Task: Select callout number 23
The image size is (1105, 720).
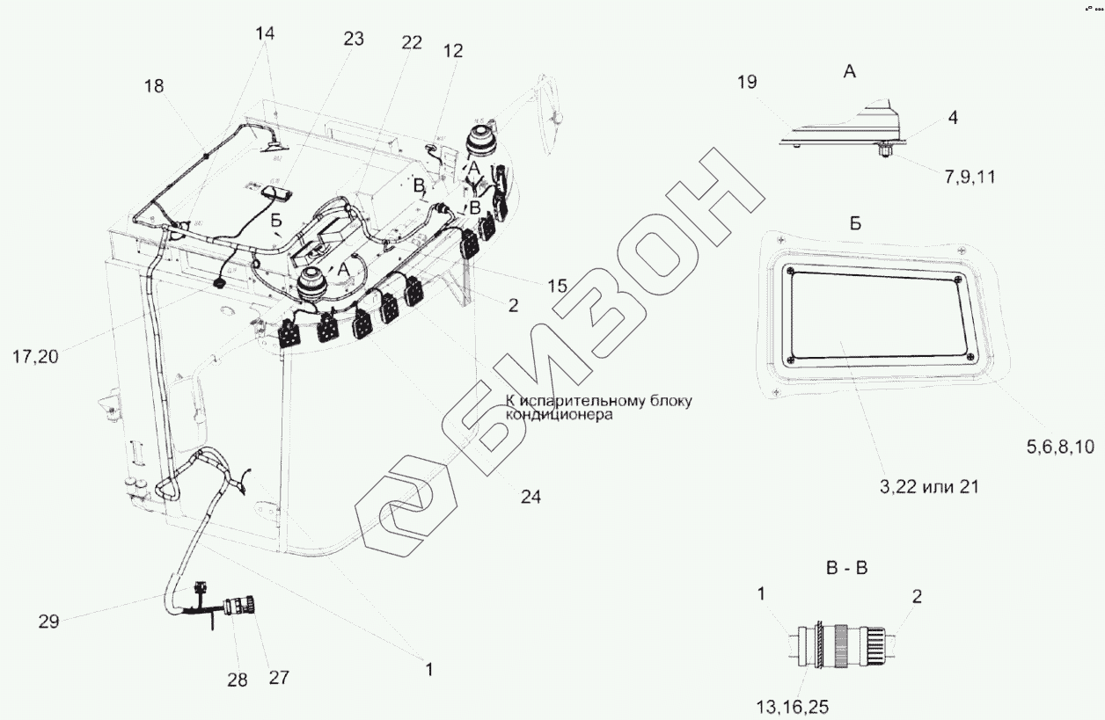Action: click(353, 39)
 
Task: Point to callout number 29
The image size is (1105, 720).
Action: click(48, 622)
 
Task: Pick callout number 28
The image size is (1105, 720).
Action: click(237, 679)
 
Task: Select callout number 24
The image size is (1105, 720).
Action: click(531, 497)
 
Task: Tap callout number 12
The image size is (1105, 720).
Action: click(453, 51)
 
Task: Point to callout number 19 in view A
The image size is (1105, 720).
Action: click(746, 84)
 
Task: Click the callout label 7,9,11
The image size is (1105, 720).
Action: click(970, 178)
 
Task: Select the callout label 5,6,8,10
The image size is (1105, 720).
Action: click(1059, 447)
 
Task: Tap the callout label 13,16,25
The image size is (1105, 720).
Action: click(792, 706)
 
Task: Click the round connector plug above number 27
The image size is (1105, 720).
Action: click(240, 607)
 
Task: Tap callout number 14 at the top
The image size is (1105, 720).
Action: click(265, 33)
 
